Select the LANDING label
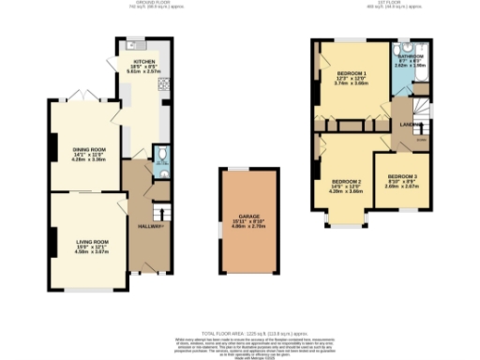409,124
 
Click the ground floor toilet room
160,157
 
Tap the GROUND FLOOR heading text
155,3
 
